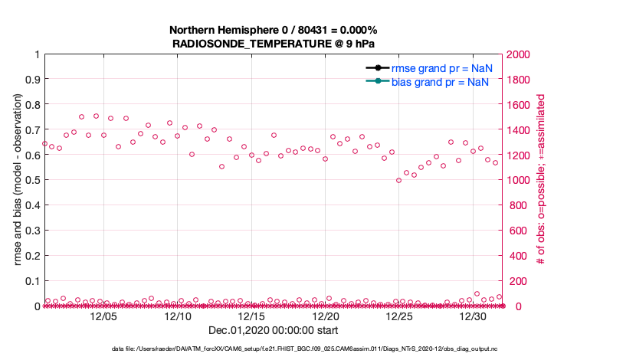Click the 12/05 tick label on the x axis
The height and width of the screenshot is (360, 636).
(x=103, y=316)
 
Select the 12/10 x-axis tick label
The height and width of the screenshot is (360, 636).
(x=178, y=316)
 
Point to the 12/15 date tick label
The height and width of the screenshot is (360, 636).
(x=251, y=316)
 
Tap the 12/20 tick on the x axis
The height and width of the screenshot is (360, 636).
(x=326, y=316)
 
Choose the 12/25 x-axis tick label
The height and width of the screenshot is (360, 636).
(x=399, y=316)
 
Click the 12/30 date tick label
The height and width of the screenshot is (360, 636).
(x=474, y=316)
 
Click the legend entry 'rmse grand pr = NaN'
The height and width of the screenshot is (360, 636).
(x=441, y=68)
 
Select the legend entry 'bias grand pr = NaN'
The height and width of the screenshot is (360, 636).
(x=441, y=82)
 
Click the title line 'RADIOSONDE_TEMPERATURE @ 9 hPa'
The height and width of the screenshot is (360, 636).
(x=274, y=44)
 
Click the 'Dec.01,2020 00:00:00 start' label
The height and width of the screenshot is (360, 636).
(x=273, y=330)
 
